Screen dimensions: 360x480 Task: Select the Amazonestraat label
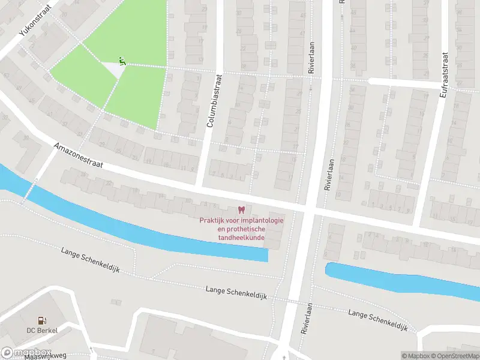[x=79, y=158]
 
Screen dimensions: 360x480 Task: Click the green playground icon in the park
[x=122, y=60]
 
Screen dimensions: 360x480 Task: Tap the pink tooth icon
[x=241, y=209]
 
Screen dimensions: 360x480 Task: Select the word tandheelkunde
[x=241, y=237]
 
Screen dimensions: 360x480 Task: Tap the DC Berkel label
[x=41, y=331]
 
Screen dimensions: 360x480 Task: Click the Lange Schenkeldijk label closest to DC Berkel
[x=90, y=259]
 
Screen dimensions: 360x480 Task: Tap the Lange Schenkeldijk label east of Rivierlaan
[x=377, y=320]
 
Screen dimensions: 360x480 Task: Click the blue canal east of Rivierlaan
[x=402, y=280]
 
